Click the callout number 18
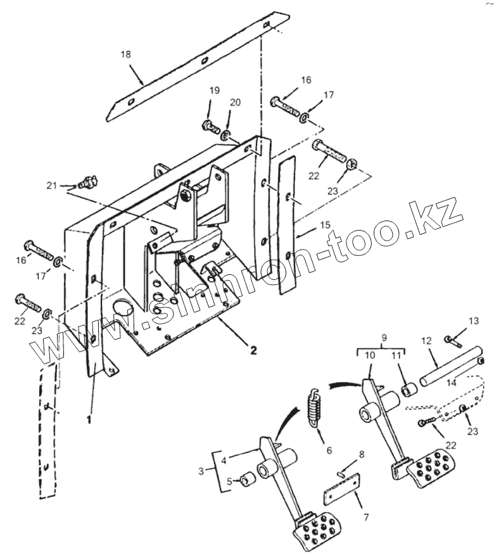[126, 54]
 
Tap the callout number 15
[325, 225]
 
